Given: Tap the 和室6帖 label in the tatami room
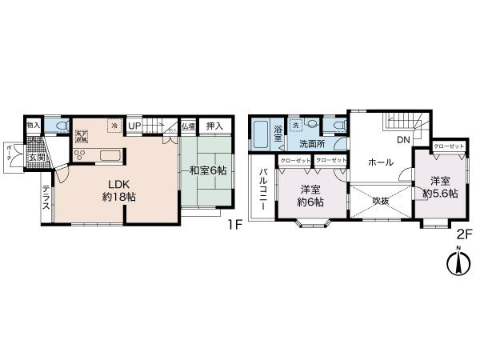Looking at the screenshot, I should (x=208, y=170).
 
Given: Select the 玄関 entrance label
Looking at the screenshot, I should (x=38, y=156).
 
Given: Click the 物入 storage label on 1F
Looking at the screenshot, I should (x=33, y=126).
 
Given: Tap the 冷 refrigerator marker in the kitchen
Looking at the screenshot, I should (x=114, y=126).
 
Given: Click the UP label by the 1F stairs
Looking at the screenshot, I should (x=134, y=126).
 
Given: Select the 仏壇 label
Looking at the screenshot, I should (x=187, y=126).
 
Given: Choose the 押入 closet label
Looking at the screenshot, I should (x=214, y=126).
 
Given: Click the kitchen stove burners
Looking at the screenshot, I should (x=81, y=154).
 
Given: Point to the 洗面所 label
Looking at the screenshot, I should (x=312, y=144).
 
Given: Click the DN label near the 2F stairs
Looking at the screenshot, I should (x=402, y=140).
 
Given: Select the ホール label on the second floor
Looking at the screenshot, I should (x=380, y=162).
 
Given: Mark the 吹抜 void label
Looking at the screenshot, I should (x=380, y=200).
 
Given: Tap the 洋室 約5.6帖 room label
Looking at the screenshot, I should (x=442, y=187).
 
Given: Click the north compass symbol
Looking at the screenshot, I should (x=458, y=263).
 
